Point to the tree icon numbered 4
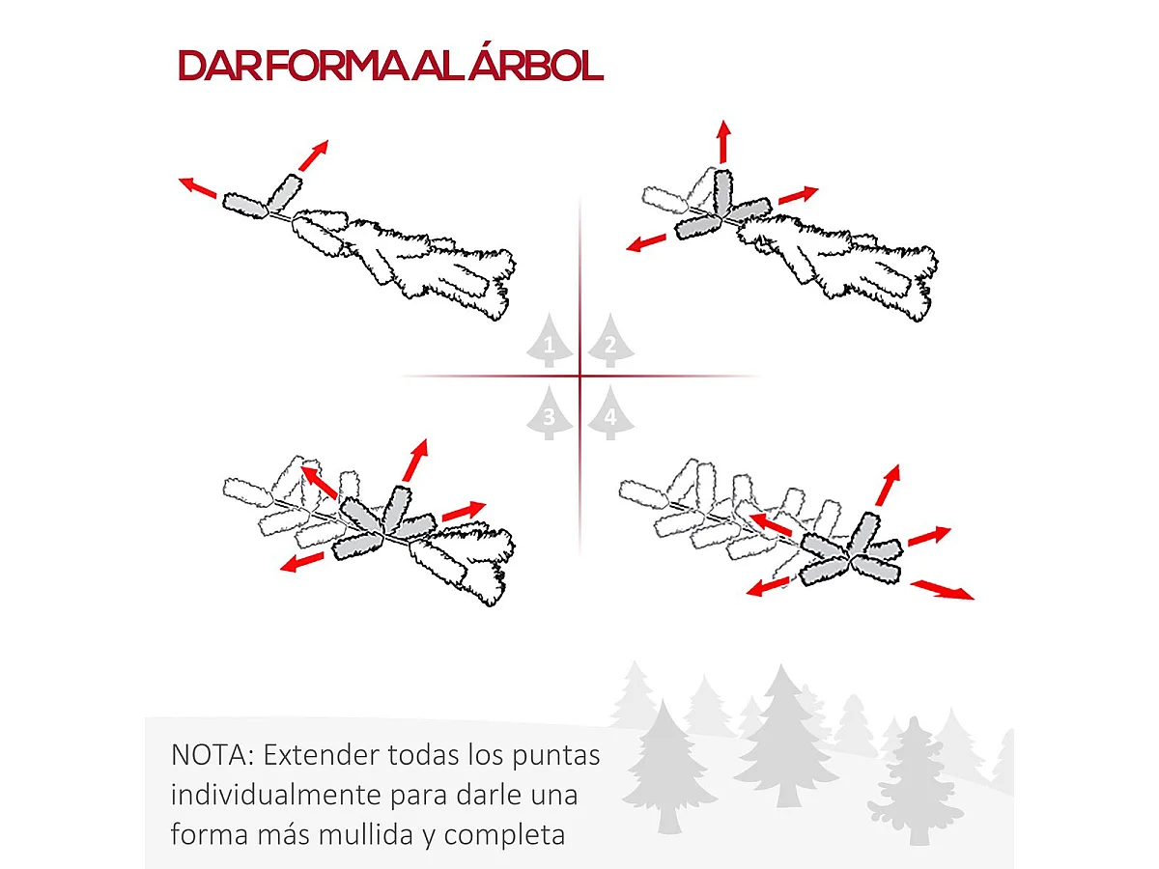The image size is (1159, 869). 609,417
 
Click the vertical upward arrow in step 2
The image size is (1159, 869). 722,142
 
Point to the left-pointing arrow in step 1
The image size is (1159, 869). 198,186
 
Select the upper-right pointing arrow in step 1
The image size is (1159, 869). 313,154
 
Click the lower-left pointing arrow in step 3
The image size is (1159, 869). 301,562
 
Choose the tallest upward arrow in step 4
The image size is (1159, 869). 888,485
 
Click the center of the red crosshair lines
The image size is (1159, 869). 579,376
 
